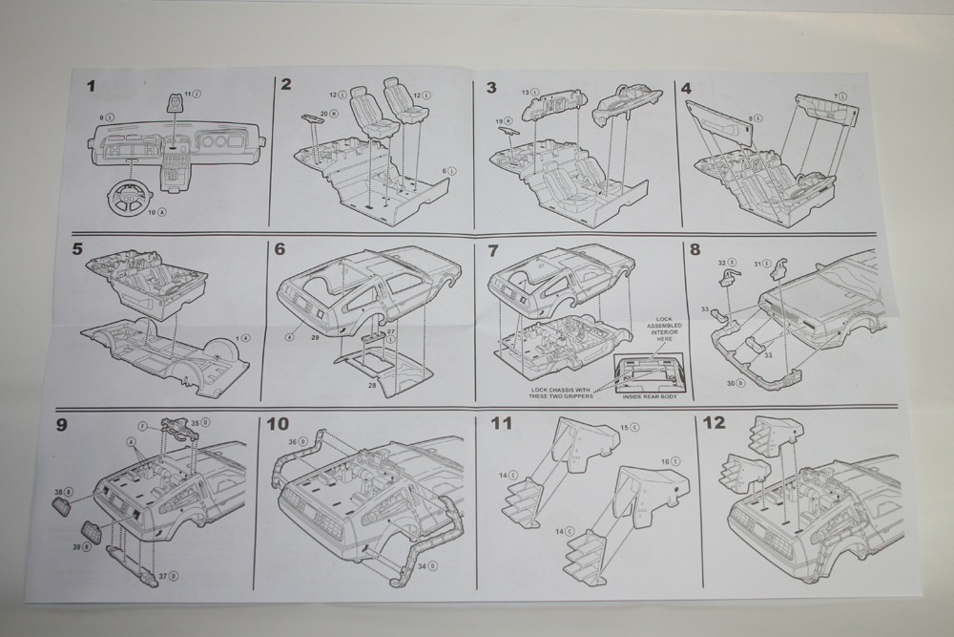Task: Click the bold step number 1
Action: click(92, 87)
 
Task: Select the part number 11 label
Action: click(189, 94)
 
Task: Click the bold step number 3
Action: click(491, 87)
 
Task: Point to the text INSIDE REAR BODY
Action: click(650, 395)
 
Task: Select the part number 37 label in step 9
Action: click(164, 576)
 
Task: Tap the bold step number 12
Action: click(714, 423)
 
